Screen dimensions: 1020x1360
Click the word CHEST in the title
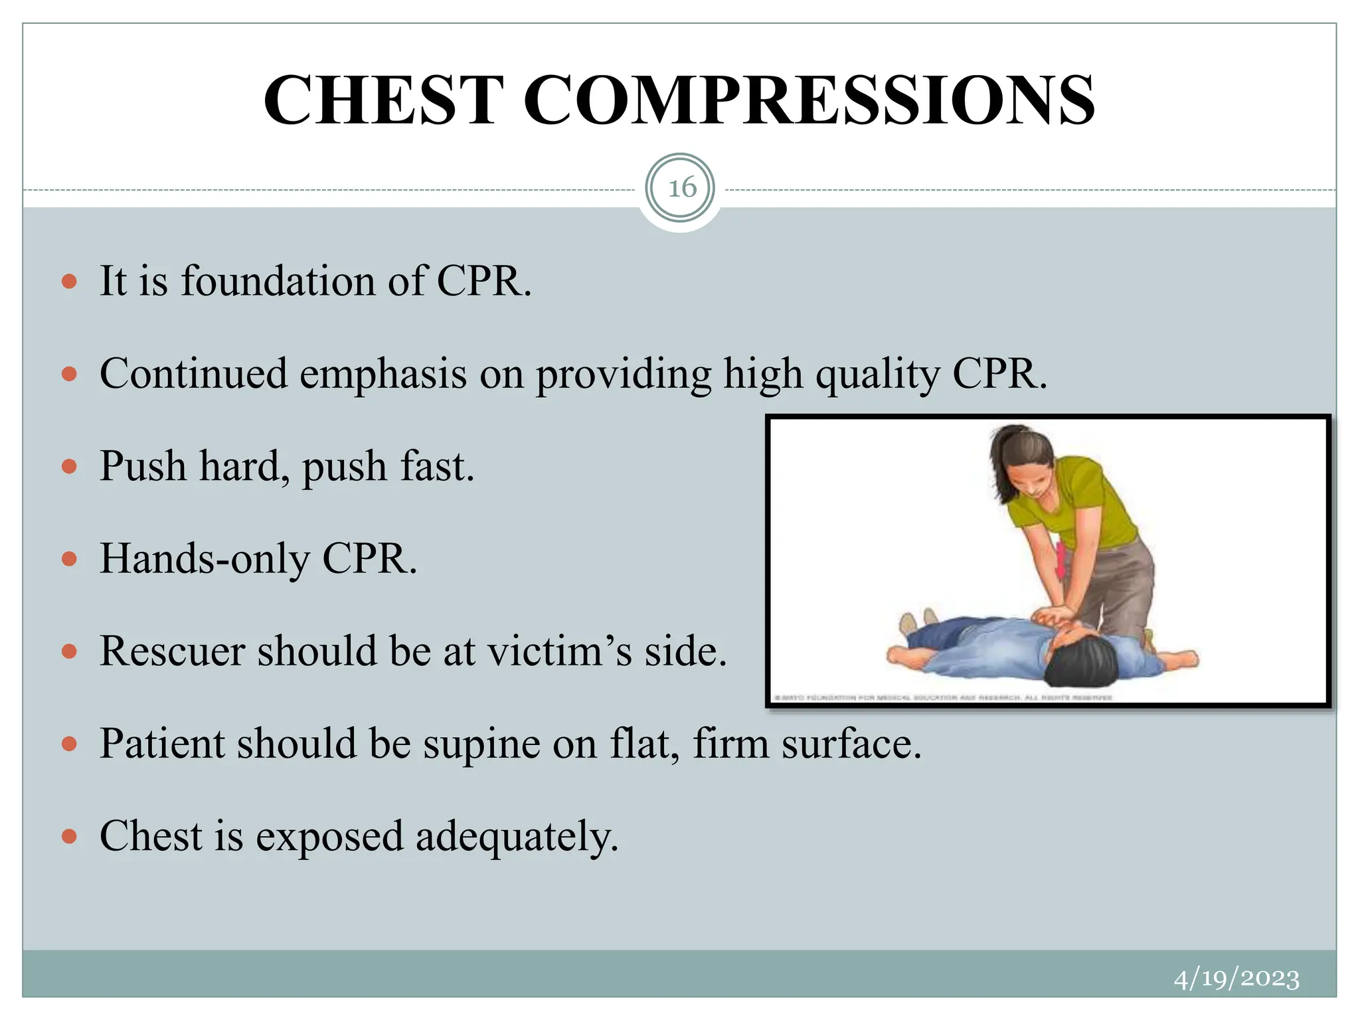(x=383, y=100)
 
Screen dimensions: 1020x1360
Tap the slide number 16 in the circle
(x=681, y=188)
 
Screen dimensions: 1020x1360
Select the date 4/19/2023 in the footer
(x=1236, y=979)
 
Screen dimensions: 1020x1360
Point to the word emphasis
(x=383, y=374)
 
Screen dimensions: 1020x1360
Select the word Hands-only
(x=205, y=559)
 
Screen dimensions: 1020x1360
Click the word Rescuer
(x=172, y=651)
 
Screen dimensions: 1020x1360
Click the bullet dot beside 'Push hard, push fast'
(x=69, y=467)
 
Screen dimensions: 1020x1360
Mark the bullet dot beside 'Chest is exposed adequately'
(x=69, y=836)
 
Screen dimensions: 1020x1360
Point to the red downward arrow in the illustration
(x=1061, y=561)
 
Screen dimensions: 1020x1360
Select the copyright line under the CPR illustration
(x=943, y=697)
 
